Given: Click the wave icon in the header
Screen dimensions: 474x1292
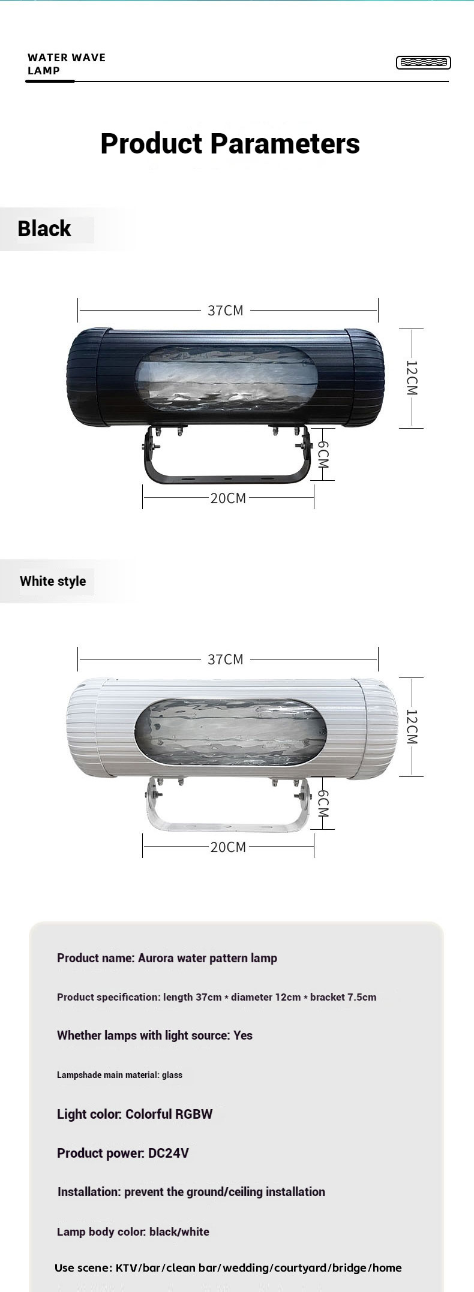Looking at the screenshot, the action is point(423,62).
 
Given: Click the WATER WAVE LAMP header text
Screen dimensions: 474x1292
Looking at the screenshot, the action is point(66,64).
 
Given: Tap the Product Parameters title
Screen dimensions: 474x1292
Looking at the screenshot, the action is point(230,144).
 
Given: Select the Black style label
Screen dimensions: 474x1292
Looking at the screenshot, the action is point(44,228).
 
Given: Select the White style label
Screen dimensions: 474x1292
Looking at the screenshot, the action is point(53,581).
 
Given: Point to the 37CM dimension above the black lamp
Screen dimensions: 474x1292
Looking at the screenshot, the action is point(226,310).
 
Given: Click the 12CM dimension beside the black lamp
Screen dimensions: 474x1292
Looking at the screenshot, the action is point(412,377).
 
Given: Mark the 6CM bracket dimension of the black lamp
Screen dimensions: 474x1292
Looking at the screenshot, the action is point(323,454).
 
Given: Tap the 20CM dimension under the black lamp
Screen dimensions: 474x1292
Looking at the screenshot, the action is point(228,498).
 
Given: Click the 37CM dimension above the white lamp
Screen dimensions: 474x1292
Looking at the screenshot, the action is point(226,659).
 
